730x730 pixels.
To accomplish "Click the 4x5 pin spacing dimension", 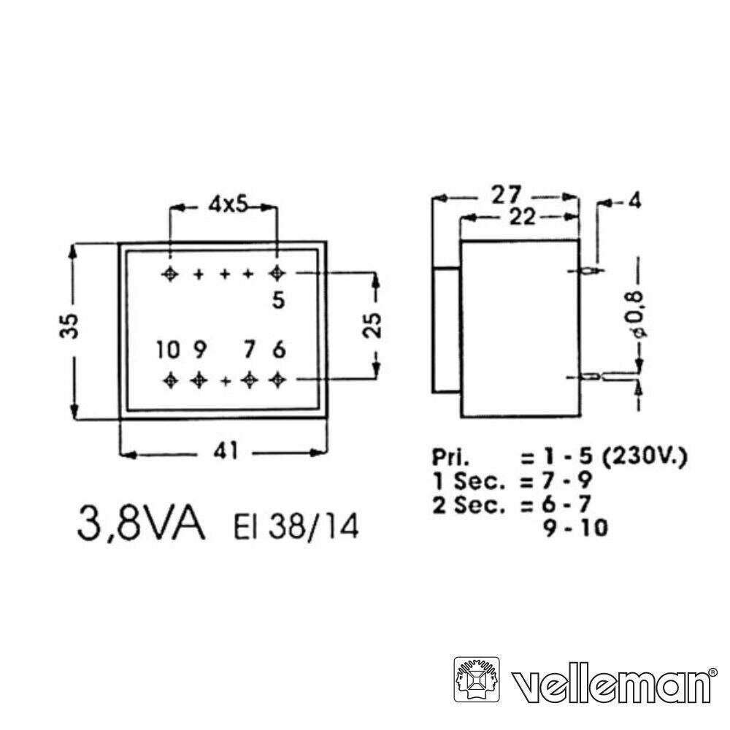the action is click(228, 204).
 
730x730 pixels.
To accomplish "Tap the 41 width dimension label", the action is click(226, 450).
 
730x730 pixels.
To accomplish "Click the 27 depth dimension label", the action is click(506, 195).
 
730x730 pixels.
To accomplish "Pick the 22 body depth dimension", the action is click(522, 217).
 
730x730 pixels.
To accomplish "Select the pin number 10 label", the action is click(168, 350).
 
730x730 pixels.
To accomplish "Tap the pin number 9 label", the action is click(199, 350).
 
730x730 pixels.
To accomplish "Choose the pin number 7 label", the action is click(250, 350).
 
